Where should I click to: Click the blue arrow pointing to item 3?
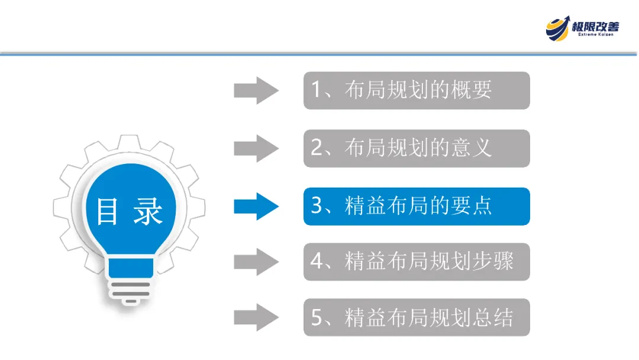(256, 206)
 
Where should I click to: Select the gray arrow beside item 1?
(256, 90)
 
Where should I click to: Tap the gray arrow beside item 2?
(256, 148)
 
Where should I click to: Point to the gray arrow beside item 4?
(256, 261)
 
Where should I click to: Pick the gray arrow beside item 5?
(256, 317)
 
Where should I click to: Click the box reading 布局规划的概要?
(417, 91)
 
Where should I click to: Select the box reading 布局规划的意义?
(417, 148)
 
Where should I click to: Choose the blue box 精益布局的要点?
(417, 206)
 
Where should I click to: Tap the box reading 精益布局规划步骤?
(417, 261)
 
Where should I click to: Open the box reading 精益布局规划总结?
(417, 317)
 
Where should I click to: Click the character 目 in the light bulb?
(108, 211)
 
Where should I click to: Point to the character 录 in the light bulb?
(147, 211)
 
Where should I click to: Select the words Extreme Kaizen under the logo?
(595, 36)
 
